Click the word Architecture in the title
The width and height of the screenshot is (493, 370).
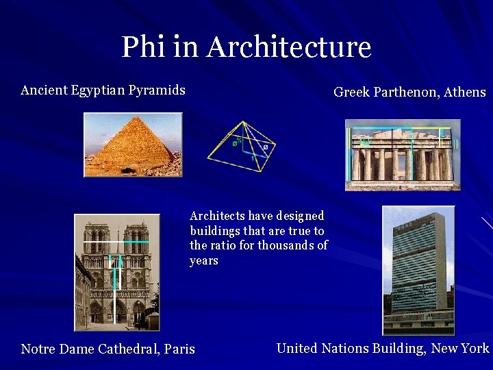click(288, 47)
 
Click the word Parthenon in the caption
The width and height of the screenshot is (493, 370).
click(405, 92)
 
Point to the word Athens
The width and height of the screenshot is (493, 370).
click(465, 92)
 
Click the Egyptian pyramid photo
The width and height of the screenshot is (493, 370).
click(133, 145)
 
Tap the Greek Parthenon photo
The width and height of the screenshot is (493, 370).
click(402, 154)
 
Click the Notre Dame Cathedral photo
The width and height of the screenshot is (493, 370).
click(116, 272)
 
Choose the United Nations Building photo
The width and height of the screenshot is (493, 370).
click(418, 269)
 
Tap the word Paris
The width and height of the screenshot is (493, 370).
click(179, 349)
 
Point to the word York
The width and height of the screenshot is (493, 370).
click(475, 348)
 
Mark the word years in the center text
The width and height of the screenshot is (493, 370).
click(203, 260)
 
